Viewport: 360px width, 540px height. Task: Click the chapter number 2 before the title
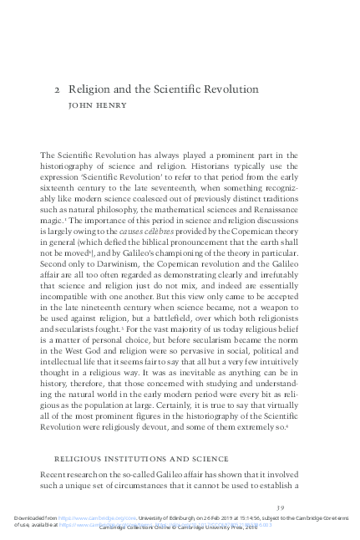[x=57, y=86]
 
